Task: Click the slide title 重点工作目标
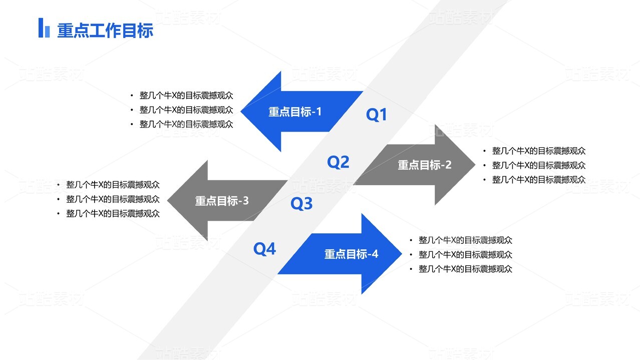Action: click(105, 31)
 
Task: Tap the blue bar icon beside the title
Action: click(44, 28)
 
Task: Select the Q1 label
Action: click(377, 115)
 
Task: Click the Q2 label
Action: click(338, 162)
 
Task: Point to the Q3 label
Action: click(301, 203)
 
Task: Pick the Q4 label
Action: click(264, 248)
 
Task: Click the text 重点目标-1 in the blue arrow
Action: click(295, 112)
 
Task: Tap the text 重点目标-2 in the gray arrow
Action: click(425, 165)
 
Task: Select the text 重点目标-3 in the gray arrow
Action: click(221, 201)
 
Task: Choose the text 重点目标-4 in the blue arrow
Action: click(351, 254)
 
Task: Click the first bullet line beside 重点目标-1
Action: click(186, 95)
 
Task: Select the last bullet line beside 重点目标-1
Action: click(186, 124)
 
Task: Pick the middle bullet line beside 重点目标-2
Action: click(539, 165)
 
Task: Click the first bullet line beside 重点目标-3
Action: click(113, 185)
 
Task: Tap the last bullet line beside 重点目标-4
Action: click(465, 269)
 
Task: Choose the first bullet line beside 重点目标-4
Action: click(465, 240)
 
